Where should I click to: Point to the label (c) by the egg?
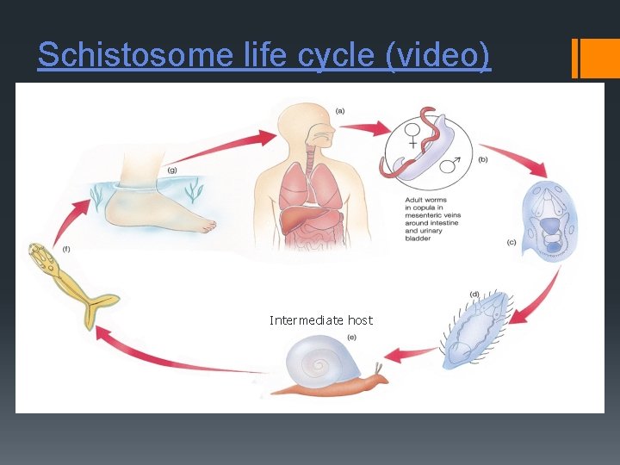click(511, 243)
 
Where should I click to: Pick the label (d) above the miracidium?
click(474, 294)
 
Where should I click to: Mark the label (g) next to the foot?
click(172, 170)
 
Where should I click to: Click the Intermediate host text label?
click(320, 320)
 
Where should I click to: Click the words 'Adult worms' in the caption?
click(425, 200)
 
